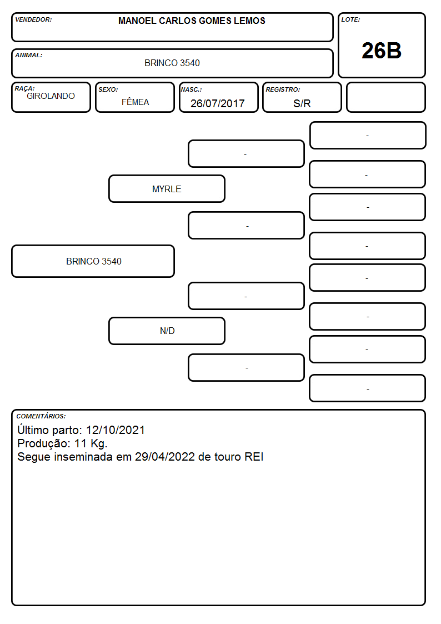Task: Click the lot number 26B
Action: [x=382, y=51]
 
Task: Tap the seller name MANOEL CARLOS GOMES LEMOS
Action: [x=192, y=21]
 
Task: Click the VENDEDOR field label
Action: [x=33, y=19]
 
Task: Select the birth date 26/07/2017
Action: [x=218, y=103]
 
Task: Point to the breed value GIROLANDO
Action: [x=51, y=96]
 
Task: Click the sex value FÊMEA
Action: [x=135, y=102]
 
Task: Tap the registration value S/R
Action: [x=302, y=103]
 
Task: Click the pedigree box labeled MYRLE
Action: [x=167, y=189]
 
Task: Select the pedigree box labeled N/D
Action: [x=167, y=331]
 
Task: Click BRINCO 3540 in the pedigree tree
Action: [x=94, y=262]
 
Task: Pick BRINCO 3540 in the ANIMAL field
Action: [x=172, y=63]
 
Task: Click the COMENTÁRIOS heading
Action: [x=41, y=416]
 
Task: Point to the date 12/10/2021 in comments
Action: [x=116, y=430]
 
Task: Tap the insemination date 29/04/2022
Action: [x=165, y=457]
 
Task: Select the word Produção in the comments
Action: [x=44, y=444]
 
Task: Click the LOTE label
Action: [x=350, y=19]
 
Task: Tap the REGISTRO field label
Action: [x=283, y=89]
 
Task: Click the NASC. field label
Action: [x=191, y=89]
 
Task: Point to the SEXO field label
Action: [x=108, y=89]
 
